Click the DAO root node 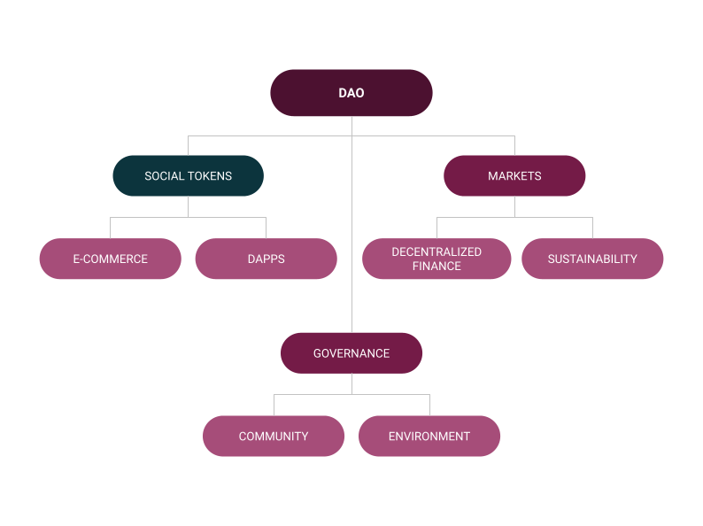351,93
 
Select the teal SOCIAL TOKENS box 188,176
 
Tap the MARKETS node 514,176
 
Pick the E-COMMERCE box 111,259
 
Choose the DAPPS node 266,259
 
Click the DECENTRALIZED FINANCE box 436,259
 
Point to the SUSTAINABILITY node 592,259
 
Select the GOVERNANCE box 351,353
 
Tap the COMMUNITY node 274,437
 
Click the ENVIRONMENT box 429,437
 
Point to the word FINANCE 436,267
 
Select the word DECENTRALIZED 436,252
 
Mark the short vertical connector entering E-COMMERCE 111,228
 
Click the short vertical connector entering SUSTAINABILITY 592,228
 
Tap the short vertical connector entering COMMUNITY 274,405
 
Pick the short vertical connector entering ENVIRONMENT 429,405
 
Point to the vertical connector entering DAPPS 266,228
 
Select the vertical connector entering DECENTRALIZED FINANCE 436,228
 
